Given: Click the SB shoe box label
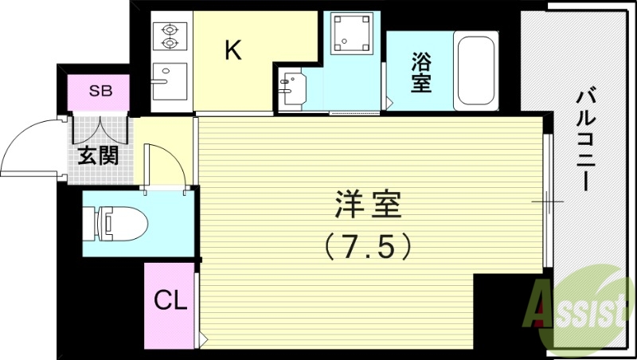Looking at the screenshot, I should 100,90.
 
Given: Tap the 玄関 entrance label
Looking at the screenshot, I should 98,155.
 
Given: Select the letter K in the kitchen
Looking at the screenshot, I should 233,51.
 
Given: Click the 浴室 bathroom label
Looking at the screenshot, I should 421,72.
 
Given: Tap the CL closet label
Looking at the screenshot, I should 170,301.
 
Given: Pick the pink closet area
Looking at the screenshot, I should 170,303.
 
